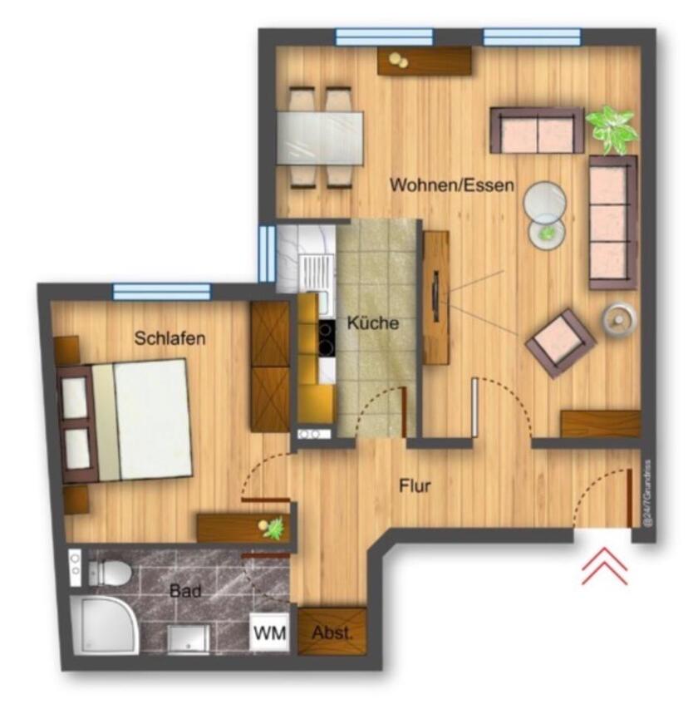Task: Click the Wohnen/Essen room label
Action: click(452, 185)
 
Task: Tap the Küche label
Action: click(372, 323)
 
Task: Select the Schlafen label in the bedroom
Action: click(170, 338)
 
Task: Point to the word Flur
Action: click(415, 486)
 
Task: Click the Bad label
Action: click(185, 592)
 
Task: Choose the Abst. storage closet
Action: click(332, 633)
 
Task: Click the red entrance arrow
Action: click(604, 569)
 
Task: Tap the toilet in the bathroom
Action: click(109, 571)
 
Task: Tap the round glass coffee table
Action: click(546, 200)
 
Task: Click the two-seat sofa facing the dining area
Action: click(537, 131)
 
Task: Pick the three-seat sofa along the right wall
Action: click(612, 221)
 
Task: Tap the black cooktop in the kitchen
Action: click(326, 338)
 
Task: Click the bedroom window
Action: click(161, 291)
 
